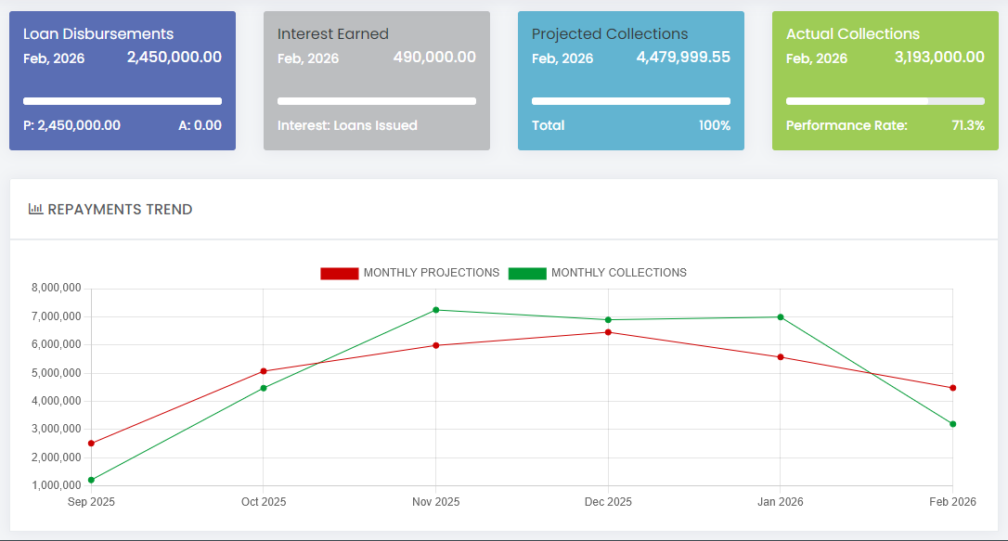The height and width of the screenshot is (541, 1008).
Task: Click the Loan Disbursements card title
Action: pyautogui.click(x=98, y=33)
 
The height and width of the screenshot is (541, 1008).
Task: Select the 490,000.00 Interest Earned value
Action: pyautogui.click(x=434, y=58)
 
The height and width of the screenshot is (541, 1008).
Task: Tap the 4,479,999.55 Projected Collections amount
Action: pyautogui.click(x=683, y=58)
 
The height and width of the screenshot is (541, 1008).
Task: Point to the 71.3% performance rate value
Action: pyautogui.click(x=968, y=125)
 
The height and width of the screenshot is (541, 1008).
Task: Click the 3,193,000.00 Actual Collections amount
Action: pyautogui.click(x=939, y=58)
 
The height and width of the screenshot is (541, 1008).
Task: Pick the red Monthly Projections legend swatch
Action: pyautogui.click(x=339, y=273)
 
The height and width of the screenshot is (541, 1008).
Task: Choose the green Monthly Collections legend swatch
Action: pyautogui.click(x=527, y=273)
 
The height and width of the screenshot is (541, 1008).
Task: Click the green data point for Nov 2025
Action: pyautogui.click(x=435, y=310)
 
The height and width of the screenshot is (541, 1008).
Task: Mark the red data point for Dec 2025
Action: pyautogui.click(x=608, y=332)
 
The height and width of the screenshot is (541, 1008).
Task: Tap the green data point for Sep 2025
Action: pyautogui.click(x=91, y=480)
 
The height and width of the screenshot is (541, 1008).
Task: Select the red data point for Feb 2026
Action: pyautogui.click(x=952, y=388)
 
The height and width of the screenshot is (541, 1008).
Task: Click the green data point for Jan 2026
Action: pyautogui.click(x=781, y=317)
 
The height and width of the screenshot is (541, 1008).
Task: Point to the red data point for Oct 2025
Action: pyautogui.click(x=264, y=371)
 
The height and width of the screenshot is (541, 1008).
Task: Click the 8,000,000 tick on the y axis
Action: pyautogui.click(x=57, y=289)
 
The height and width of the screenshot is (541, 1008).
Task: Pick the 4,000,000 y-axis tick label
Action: pyautogui.click(x=57, y=401)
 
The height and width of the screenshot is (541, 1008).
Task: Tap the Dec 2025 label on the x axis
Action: pyautogui.click(x=608, y=502)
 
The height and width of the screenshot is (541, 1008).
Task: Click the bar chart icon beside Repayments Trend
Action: pyautogui.click(x=35, y=210)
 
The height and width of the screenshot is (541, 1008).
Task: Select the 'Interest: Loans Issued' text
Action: pyautogui.click(x=347, y=125)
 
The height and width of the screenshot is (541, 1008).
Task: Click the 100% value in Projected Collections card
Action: pyautogui.click(x=715, y=125)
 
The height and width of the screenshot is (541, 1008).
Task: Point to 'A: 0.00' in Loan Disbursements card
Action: pyautogui.click(x=200, y=125)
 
